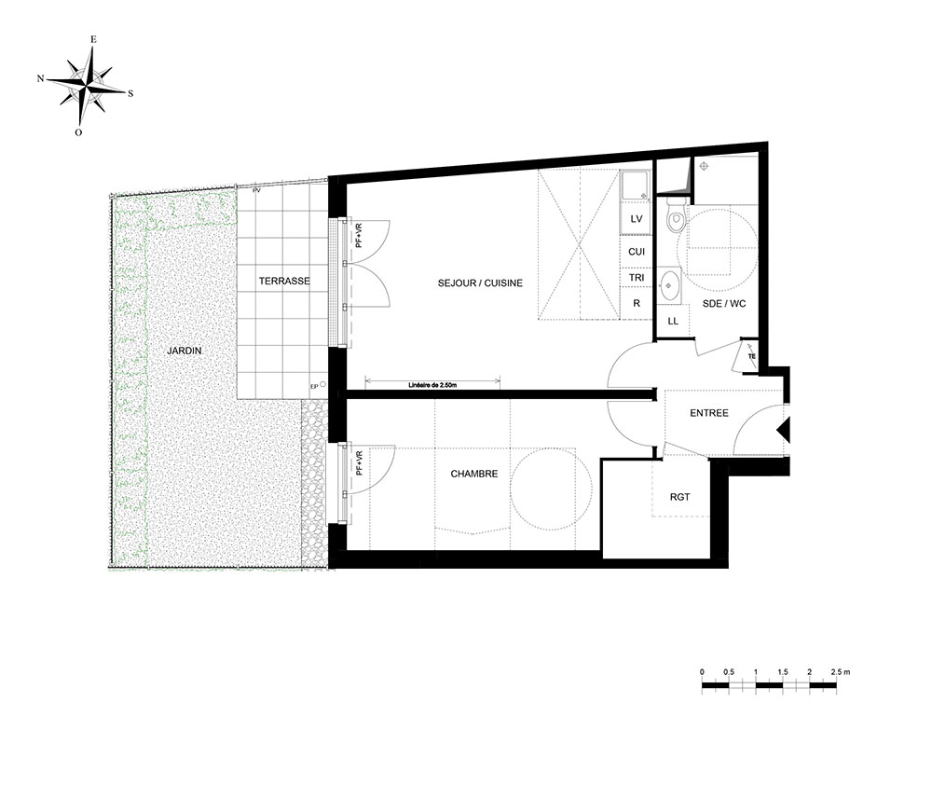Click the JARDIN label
(185, 351)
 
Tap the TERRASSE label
(284, 281)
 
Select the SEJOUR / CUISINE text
(480, 283)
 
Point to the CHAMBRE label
(474, 474)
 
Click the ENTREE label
(709, 413)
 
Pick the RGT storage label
(680, 497)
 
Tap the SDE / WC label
(724, 303)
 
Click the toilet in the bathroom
(675, 215)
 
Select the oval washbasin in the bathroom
(670, 284)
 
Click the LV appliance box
(637, 219)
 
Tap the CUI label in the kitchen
(637, 252)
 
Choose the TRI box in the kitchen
(637, 278)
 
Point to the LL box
(673, 321)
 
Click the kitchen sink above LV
(636, 186)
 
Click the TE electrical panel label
(752, 356)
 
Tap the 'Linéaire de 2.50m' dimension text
(432, 385)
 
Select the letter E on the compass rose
(93, 39)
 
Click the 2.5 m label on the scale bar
(841, 672)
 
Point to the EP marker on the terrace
(314, 386)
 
